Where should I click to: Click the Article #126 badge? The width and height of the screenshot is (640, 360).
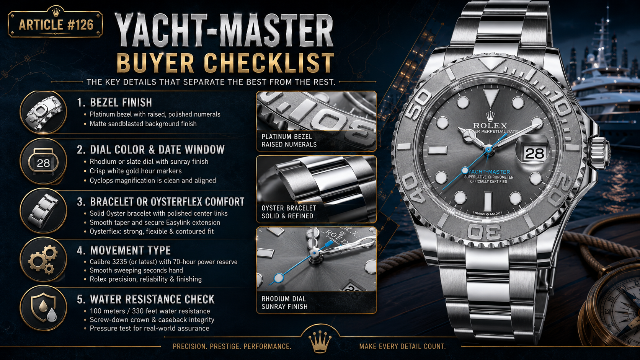click(55, 24)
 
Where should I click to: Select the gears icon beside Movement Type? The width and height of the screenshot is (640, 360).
click(43, 259)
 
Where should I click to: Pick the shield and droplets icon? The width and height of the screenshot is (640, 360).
click(43, 308)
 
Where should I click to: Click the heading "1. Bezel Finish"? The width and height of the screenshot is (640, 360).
click(114, 102)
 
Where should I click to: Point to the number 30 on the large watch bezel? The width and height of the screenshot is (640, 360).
click(485, 231)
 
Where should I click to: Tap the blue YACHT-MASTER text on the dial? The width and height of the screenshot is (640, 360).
click(489, 172)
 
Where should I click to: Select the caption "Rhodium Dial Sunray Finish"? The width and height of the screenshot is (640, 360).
click(284, 303)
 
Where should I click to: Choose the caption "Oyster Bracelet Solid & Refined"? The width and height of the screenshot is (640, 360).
click(289, 212)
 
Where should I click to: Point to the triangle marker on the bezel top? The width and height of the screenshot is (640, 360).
click(490, 64)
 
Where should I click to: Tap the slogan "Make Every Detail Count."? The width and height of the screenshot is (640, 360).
click(402, 347)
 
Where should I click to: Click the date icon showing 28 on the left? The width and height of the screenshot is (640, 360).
click(43, 161)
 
